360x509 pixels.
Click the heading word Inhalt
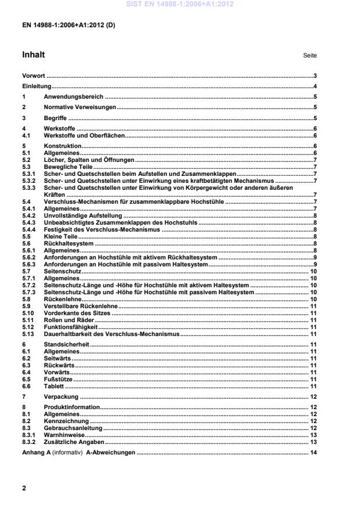click(x=33, y=55)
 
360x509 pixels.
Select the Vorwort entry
click(x=33, y=76)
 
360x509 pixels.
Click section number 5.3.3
click(x=29, y=188)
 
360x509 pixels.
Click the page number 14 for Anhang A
click(x=313, y=452)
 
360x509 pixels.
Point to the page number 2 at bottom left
click(x=24, y=488)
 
